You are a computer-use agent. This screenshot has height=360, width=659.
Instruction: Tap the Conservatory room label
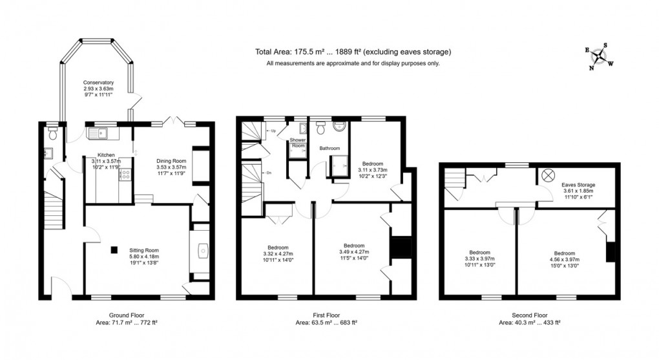coord(98,83)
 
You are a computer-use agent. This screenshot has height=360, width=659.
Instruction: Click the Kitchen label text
coord(106,155)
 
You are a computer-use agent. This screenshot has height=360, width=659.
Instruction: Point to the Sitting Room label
coord(144,250)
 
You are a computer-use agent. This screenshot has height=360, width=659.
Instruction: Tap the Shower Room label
coord(297,143)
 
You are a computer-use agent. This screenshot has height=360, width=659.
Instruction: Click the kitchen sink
coord(99,134)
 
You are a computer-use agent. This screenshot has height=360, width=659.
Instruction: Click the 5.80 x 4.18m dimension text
coord(144,257)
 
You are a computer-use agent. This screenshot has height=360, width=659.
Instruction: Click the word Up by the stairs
coord(275,132)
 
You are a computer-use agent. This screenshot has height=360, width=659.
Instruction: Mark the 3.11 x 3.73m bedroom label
coord(373,170)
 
